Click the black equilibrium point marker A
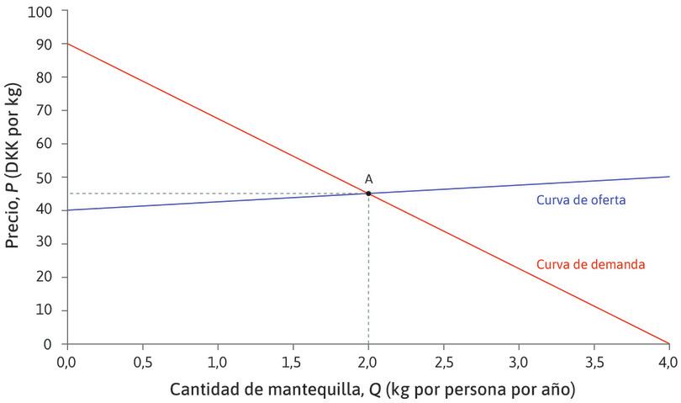368,194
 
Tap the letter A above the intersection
368,178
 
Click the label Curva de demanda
590,264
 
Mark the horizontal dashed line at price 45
210,194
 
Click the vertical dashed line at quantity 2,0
368,269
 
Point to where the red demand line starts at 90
67,43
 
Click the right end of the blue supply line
668,177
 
